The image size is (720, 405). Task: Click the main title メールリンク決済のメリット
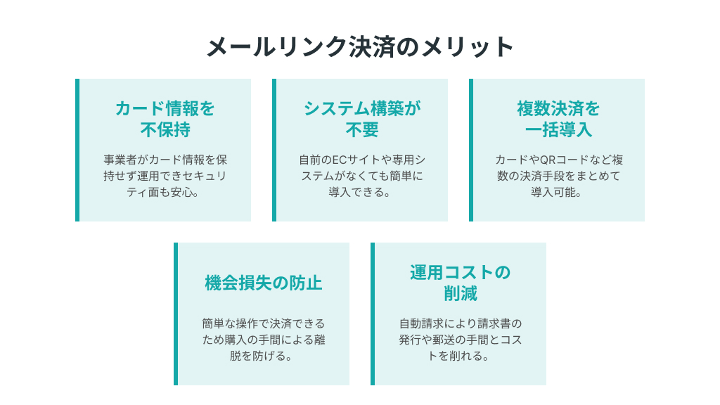(360, 47)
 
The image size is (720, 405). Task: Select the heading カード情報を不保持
(165, 119)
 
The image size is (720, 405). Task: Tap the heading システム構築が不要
(362, 119)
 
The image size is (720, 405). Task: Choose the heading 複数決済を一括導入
(558, 119)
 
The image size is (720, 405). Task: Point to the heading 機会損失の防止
(264, 283)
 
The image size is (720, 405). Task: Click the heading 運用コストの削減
(460, 283)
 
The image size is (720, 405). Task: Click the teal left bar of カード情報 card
(77, 150)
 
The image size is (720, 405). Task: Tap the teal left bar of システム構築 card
(274, 150)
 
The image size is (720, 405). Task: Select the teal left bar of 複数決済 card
(471, 150)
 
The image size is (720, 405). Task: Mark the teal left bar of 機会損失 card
(176, 314)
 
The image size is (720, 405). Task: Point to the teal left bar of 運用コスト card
(373, 314)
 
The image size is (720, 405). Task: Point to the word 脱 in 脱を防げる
(236, 356)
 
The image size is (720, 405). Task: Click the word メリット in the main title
(468, 47)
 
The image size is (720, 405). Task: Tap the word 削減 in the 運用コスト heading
(460, 293)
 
